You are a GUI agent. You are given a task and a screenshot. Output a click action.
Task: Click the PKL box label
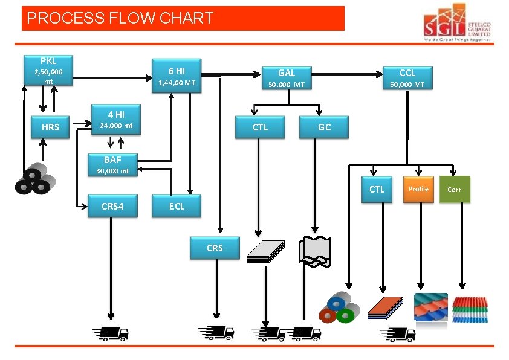pyautogui.click(x=48, y=62)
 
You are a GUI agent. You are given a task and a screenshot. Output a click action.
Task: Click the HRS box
pyautogui.click(x=51, y=127)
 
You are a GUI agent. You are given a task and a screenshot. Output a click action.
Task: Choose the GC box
pyautogui.click(x=324, y=127)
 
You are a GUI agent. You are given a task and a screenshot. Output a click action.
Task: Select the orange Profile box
pyautogui.click(x=418, y=189)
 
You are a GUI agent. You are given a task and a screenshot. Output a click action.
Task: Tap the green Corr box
pyautogui.click(x=455, y=189)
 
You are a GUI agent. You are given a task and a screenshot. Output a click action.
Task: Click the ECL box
pyautogui.click(x=177, y=206)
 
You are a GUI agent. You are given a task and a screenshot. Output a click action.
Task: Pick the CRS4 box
pyautogui.click(x=112, y=206)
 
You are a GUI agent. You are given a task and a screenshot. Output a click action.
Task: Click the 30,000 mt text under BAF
pyautogui.click(x=108, y=171)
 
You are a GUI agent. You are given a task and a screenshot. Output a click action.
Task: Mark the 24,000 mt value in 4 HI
pyautogui.click(x=115, y=126)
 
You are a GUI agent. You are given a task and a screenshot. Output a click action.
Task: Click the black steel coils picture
pyautogui.click(x=36, y=178)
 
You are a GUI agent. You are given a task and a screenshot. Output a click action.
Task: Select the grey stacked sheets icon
pyautogui.click(x=266, y=251)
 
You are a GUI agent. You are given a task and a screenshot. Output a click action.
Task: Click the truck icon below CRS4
pyautogui.click(x=110, y=333)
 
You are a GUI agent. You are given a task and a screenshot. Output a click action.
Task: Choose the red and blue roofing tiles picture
pyautogui.click(x=430, y=307)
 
